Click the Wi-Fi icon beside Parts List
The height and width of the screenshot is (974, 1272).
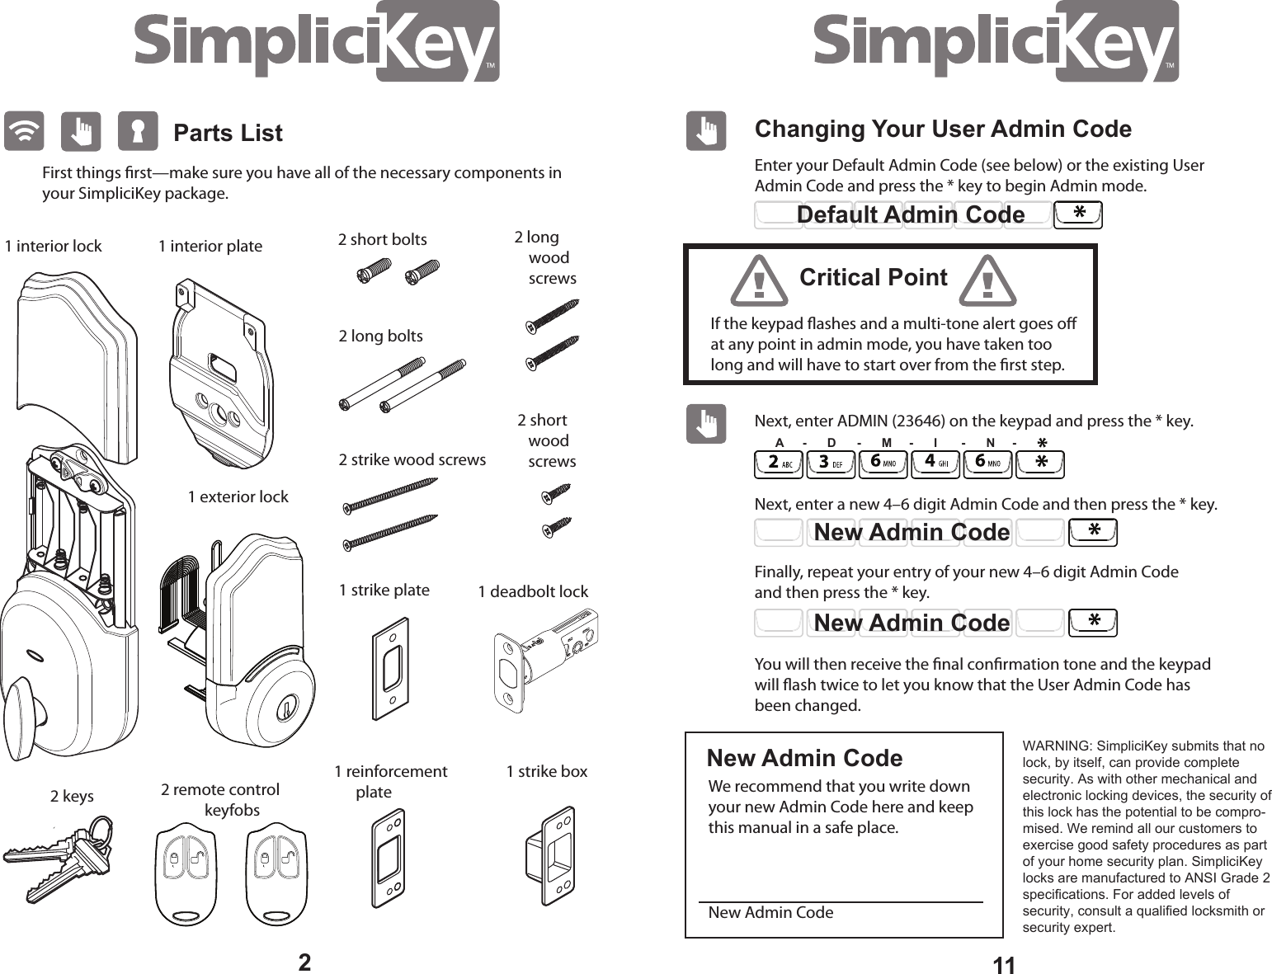tap(24, 132)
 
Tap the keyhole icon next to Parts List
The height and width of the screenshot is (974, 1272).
tap(138, 132)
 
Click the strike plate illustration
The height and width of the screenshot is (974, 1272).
tap(390, 669)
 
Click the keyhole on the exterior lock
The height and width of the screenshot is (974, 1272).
tap(287, 708)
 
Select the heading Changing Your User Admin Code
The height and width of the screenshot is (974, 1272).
tap(943, 129)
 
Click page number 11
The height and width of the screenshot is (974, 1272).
tap(1004, 965)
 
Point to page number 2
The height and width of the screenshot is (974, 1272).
tap(304, 962)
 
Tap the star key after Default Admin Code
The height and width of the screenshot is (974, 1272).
tap(1078, 214)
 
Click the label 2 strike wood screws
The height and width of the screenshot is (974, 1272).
tap(412, 460)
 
